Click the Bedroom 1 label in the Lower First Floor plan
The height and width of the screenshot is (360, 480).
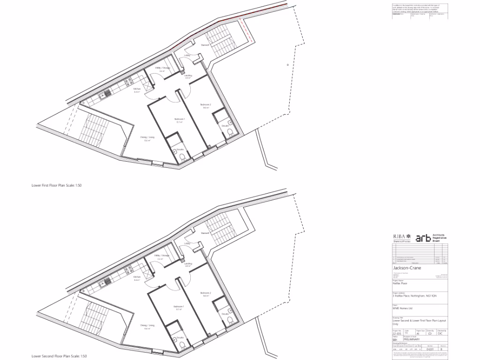point(180,119)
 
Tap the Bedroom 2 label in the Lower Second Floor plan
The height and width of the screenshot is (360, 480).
point(206,293)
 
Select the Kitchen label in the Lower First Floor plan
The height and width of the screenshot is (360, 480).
point(137,89)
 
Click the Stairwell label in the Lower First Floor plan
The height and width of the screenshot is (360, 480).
point(205,45)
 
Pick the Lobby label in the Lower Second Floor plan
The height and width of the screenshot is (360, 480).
point(187,244)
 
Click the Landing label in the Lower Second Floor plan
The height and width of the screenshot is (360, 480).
point(188,263)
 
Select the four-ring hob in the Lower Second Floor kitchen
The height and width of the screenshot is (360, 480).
point(127,271)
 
